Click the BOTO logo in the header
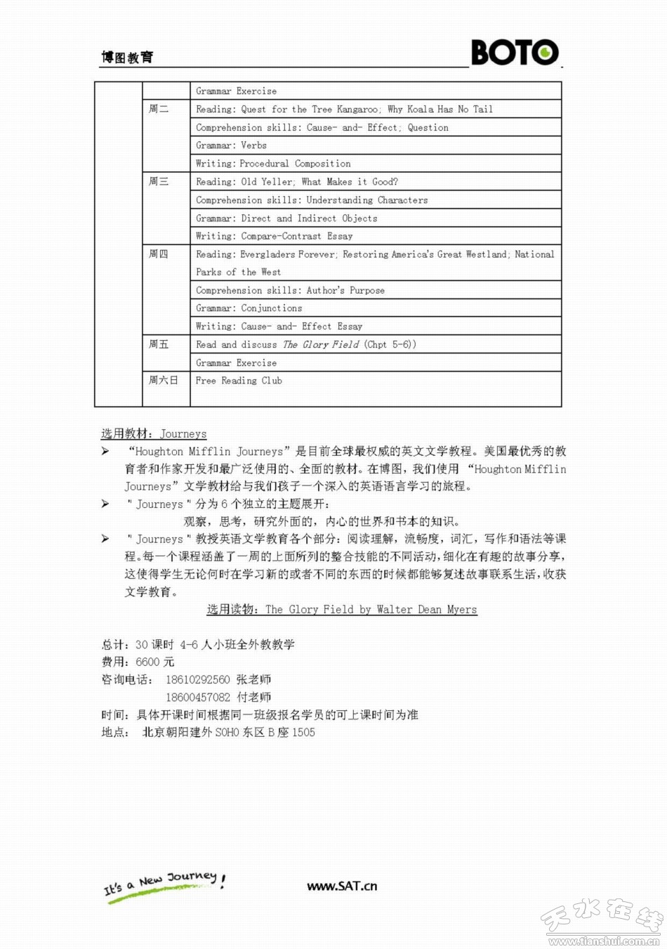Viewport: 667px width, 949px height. [x=515, y=52]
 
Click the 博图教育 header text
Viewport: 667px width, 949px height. [x=127, y=58]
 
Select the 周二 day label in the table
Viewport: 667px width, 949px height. [x=159, y=109]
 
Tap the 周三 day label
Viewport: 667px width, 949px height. [x=159, y=181]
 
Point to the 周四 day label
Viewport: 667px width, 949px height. [x=159, y=254]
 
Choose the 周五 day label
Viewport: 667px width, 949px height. [x=159, y=344]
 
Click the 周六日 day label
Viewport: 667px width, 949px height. [x=164, y=380]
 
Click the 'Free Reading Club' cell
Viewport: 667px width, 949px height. [x=239, y=381]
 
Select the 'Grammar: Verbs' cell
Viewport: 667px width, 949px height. [x=231, y=145]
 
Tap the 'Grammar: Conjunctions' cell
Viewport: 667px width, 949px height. [x=249, y=308]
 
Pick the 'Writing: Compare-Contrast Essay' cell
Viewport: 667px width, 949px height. [x=274, y=236]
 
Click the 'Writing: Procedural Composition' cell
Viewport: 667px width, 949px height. [x=273, y=164]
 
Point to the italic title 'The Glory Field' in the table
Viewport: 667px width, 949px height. [x=321, y=344]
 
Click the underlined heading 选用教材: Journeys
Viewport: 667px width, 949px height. [x=154, y=434]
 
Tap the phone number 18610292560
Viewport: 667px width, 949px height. [x=197, y=680]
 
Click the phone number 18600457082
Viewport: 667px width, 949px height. [x=197, y=698]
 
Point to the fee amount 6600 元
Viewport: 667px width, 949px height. [x=154, y=662]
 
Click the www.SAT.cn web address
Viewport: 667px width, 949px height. [x=342, y=886]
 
